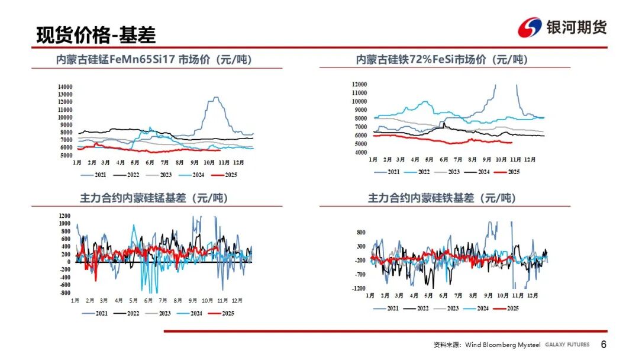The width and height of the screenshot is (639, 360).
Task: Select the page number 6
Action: pos(603,345)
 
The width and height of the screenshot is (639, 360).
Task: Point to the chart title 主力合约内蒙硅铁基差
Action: pos(442,198)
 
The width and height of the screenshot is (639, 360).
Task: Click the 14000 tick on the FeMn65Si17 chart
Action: pos(65,87)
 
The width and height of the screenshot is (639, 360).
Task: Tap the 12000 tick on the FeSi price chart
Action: pos(359,85)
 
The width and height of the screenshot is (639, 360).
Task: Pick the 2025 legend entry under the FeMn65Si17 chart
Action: pos(224,175)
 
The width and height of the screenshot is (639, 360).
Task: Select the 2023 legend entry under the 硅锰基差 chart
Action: pos(163,313)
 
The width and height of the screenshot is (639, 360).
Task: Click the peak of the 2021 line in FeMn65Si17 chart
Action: pos(216,97)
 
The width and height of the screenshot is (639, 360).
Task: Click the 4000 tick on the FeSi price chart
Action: pos(360,152)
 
